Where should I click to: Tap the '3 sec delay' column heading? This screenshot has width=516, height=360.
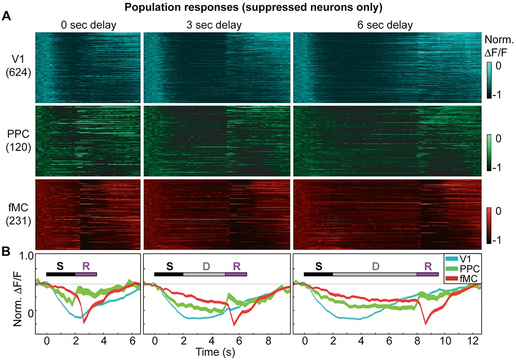click(217, 25)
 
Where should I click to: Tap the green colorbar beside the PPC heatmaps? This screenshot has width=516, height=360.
click(489, 151)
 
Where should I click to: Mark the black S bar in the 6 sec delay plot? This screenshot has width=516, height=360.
click(318, 274)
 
